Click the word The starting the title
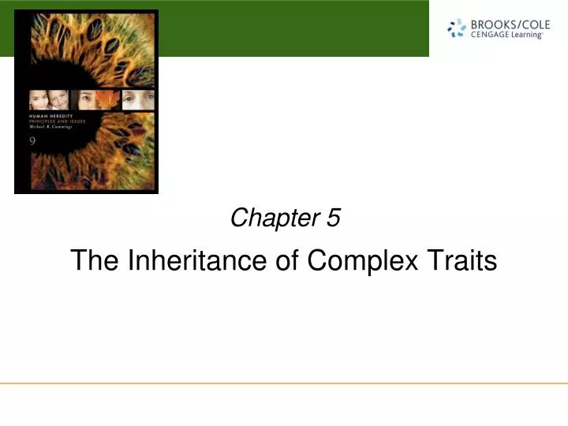pos(92,260)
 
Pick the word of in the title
pos(286,260)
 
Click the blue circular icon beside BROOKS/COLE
pos(457,29)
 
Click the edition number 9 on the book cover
pos(33,141)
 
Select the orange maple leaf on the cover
pos(108,99)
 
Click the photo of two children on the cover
pos(49,99)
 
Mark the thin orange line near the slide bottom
pos(284,383)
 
